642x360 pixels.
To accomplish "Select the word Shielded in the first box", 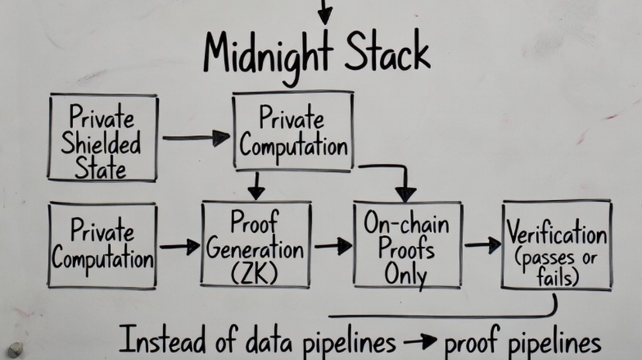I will (x=103, y=144).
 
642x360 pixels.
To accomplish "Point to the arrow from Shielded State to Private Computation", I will (x=196, y=138).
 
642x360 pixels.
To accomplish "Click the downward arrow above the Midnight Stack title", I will (x=324, y=12).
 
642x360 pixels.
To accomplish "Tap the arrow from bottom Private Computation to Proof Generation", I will (x=179, y=247).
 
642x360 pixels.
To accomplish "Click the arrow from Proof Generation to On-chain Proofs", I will (x=333, y=246).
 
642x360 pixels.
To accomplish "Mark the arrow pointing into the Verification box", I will (x=482, y=245).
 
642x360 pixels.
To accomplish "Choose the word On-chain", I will (x=408, y=225).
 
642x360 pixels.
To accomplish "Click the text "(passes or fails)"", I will (x=557, y=267).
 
